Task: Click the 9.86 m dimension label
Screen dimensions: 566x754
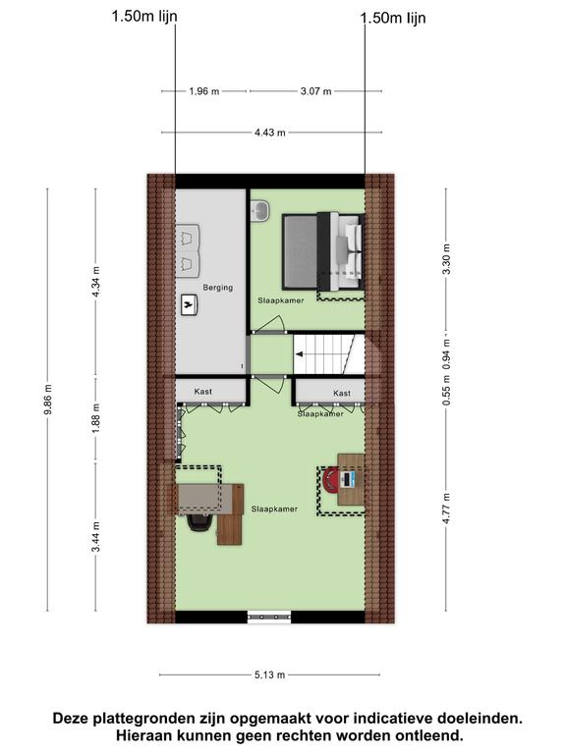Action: click(x=47, y=400)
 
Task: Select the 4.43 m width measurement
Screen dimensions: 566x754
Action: click(x=270, y=133)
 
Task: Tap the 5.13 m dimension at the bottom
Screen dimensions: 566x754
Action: click(x=270, y=675)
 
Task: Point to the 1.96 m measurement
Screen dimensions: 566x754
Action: click(x=204, y=91)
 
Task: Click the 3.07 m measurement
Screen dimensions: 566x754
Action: click(x=315, y=91)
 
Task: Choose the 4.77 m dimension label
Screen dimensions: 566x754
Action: click(x=446, y=509)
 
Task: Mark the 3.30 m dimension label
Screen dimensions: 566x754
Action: click(x=446, y=259)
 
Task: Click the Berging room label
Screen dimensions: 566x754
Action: click(x=217, y=288)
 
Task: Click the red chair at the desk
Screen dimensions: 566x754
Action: click(x=331, y=480)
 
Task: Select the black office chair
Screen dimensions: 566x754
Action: click(x=199, y=522)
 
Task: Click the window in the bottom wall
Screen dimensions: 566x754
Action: click(x=269, y=617)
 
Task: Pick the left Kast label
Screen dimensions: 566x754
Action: click(x=203, y=392)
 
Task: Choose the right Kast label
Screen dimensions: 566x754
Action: click(x=342, y=394)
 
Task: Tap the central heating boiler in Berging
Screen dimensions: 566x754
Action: click(x=190, y=304)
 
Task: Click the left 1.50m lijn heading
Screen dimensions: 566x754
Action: click(x=144, y=17)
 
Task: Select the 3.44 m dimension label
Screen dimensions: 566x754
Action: click(x=95, y=537)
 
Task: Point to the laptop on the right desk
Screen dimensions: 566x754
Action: click(x=348, y=479)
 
